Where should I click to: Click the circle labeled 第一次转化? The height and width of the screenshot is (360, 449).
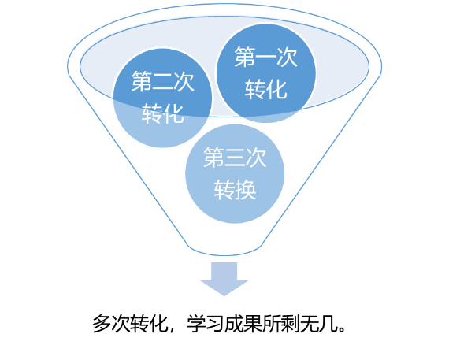click(266, 73)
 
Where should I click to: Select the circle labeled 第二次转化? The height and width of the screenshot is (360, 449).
click(162, 98)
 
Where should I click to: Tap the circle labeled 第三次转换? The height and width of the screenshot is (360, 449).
click(235, 174)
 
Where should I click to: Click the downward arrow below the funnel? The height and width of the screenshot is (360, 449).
click(224, 279)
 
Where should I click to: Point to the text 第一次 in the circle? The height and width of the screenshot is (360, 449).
click(266, 57)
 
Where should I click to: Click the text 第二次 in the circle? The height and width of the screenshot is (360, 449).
click(162, 82)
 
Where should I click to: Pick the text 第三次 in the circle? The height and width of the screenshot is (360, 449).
click(235, 158)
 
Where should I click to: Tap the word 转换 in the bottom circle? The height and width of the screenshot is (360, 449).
click(235, 190)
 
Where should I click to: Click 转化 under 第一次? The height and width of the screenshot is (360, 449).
click(266, 89)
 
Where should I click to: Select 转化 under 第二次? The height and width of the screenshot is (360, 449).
click(162, 113)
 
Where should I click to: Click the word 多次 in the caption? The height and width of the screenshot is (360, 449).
click(111, 324)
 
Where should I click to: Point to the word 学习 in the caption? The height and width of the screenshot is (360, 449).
click(206, 324)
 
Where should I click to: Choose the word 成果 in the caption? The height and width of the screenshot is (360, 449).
click(243, 324)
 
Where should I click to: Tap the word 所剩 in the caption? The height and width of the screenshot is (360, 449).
click(281, 324)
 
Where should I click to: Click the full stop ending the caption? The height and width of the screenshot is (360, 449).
click(342, 328)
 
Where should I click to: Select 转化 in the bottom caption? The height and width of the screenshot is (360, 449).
click(149, 324)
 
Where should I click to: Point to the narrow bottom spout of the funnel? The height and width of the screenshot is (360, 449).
click(224, 249)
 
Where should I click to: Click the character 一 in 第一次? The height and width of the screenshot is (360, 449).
click(266, 58)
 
